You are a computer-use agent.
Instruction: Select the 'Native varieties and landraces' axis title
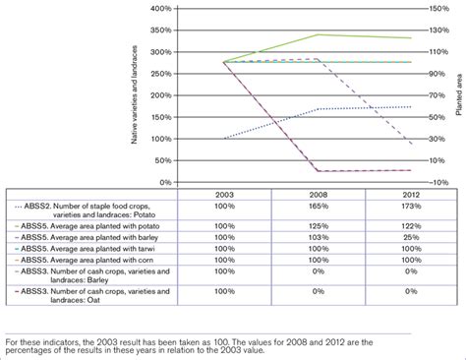click(x=134, y=94)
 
